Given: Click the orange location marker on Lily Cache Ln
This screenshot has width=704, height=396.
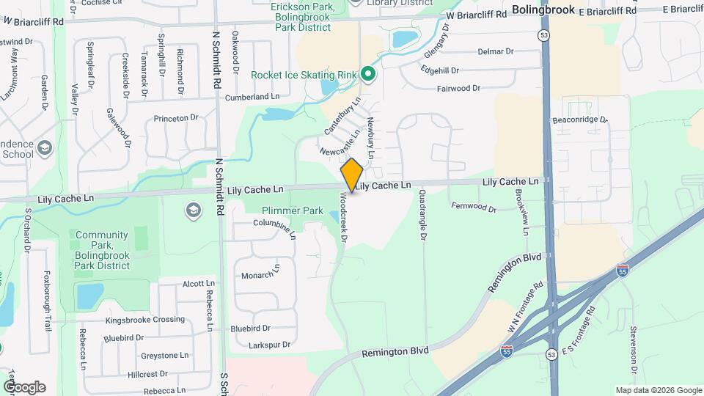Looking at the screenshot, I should tap(352, 175).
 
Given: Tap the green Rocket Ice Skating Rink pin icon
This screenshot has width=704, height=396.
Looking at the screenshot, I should tap(367, 74).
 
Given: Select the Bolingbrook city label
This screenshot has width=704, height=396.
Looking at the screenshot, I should tap(543, 10).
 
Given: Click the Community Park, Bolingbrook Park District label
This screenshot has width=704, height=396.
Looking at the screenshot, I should tap(102, 250).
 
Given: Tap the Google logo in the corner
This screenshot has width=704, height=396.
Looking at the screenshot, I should tap(23, 387).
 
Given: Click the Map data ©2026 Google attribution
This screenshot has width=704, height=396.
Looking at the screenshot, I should tap(657, 390).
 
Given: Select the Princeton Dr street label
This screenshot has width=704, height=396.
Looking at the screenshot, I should tap(176, 118).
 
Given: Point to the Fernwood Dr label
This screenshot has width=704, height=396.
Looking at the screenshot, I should tap(474, 207).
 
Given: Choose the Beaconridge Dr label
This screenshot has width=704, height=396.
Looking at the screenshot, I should tap(580, 119).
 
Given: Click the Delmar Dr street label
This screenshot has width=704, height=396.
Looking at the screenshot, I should tap(496, 51).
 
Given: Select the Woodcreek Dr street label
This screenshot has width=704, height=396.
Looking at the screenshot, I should tap(342, 219).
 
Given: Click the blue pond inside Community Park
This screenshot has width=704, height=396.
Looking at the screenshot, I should tap(89, 296).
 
